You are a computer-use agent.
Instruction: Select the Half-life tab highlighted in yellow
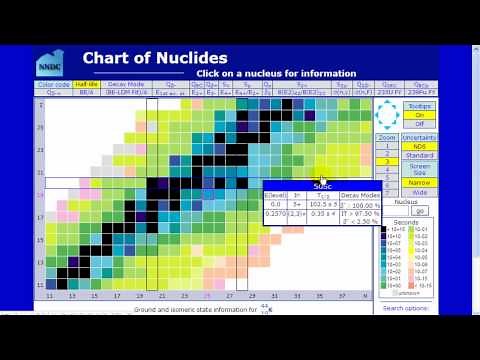pos(85,85)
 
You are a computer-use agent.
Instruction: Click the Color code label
pos(55,85)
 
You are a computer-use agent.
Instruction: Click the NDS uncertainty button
pos(419,146)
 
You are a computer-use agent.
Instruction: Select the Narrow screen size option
pos(419,182)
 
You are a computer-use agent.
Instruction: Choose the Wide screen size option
pos(419,191)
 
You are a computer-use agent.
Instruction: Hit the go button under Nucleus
pos(419,211)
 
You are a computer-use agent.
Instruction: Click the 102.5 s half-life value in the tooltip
pos(322,203)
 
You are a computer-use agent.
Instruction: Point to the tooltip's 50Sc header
pos(323,186)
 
